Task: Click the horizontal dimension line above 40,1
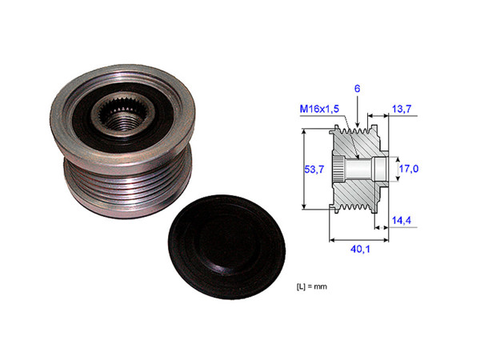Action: click(358, 238)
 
